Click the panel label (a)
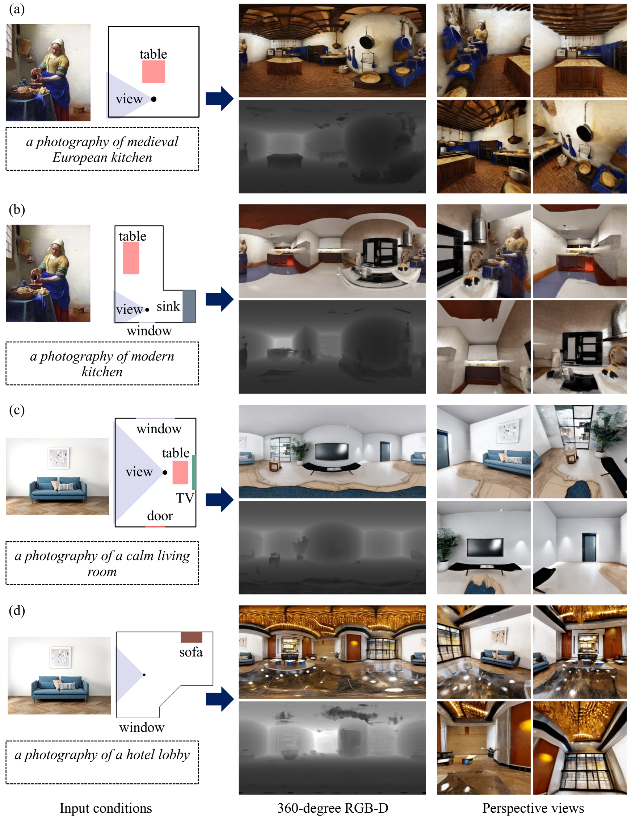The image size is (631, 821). click(17, 9)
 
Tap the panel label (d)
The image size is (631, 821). click(17, 610)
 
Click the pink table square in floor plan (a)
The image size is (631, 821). click(153, 72)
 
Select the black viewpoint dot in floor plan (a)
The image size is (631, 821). click(153, 99)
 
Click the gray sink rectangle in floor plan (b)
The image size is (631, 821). click(189, 306)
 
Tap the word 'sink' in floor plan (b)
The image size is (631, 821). click(168, 307)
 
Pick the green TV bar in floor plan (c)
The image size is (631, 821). click(194, 472)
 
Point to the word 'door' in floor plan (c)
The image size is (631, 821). click(160, 516)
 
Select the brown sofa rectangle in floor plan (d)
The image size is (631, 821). click(192, 637)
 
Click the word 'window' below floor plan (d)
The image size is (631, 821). click(142, 728)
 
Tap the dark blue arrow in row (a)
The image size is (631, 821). click(220, 99)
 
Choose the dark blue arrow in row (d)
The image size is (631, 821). click(220, 699)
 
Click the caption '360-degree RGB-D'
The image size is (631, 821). click(333, 808)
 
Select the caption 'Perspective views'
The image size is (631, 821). click(533, 808)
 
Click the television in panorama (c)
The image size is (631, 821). click(332, 451)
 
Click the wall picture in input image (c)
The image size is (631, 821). click(58, 458)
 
